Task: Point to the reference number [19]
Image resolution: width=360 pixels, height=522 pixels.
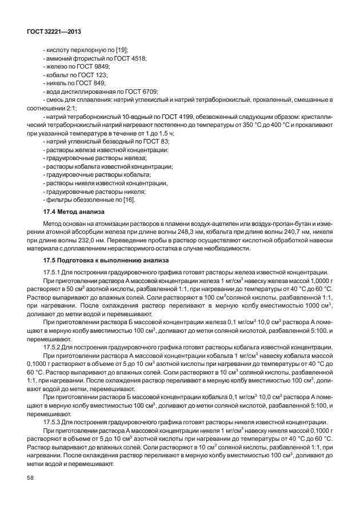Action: pos(122,51)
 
